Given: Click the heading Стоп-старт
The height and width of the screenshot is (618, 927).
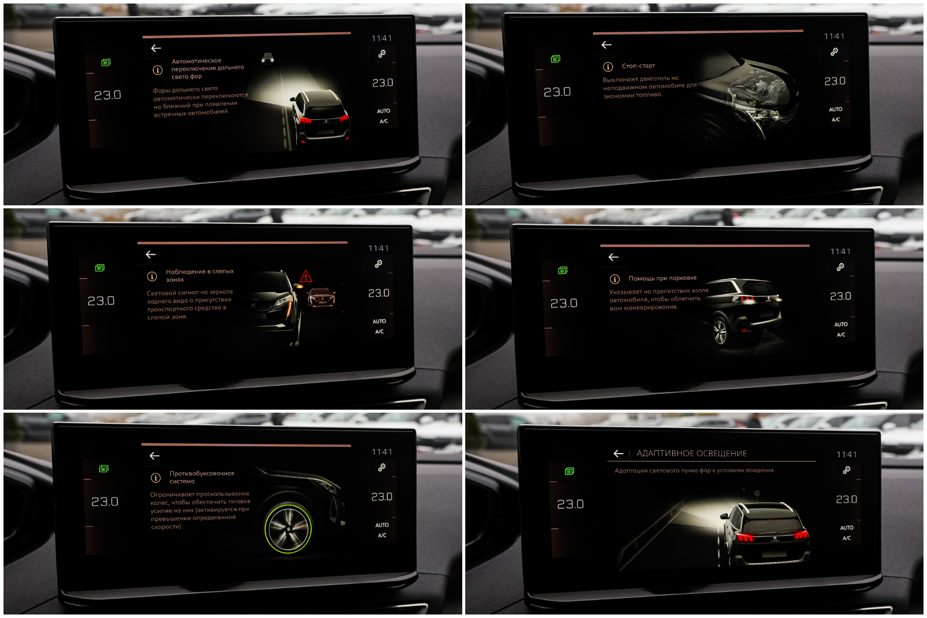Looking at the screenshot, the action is tap(638, 66).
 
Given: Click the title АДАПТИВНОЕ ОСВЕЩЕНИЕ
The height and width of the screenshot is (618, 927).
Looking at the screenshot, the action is tap(692, 454).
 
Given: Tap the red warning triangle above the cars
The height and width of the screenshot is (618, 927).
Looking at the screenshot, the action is tap(306, 276).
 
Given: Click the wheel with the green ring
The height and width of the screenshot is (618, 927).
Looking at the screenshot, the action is tap(288, 529).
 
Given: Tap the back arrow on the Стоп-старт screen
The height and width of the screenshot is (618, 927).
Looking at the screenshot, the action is tap(607, 45).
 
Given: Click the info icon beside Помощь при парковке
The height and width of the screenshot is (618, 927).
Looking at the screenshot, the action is tap(615, 279).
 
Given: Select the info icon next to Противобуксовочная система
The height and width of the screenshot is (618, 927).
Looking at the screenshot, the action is tap(156, 478).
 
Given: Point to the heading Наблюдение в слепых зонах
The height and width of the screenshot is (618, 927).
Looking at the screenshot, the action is tap(200, 275).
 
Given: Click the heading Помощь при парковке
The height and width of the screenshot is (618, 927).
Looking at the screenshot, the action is tap(662, 278).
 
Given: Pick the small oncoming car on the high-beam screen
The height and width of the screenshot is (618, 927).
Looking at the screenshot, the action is tap(268, 58).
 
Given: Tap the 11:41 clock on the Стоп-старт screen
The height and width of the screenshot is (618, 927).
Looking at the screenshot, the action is tap(834, 36).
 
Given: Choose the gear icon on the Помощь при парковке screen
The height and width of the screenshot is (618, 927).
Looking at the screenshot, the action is tap(841, 267).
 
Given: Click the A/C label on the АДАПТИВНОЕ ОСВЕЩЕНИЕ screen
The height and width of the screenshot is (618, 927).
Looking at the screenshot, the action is tap(847, 538).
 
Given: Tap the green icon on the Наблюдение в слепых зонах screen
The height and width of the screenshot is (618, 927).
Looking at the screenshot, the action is tap(100, 268).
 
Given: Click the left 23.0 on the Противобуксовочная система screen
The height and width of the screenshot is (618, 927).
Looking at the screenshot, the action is tap(104, 502).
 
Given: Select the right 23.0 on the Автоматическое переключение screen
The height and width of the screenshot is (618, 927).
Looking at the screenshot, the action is tap(383, 83).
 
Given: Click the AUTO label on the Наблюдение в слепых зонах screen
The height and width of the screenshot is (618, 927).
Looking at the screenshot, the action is tap(379, 321).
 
